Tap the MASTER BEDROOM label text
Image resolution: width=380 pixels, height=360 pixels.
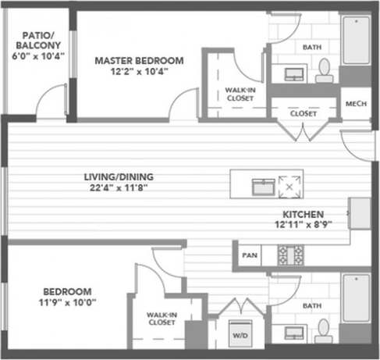(x=140, y=60)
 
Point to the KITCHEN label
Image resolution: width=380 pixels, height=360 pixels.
(x=304, y=213)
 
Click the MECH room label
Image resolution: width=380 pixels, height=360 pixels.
(x=356, y=103)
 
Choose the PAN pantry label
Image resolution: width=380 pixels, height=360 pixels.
(x=249, y=255)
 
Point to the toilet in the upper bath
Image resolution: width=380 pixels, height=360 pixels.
(x=325, y=72)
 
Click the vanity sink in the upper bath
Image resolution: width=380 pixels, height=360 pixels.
(x=294, y=75)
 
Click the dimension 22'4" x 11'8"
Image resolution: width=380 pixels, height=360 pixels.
(x=115, y=187)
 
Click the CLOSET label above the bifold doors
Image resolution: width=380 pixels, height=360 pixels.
(x=304, y=113)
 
